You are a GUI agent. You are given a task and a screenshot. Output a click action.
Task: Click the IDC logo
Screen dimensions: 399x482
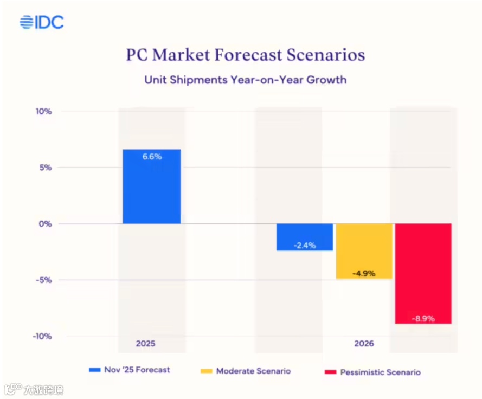pos(42,22)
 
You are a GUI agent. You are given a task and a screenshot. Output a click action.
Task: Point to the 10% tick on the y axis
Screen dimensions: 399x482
pos(44,112)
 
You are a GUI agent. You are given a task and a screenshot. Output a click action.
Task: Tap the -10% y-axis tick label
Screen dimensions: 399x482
pos(43,336)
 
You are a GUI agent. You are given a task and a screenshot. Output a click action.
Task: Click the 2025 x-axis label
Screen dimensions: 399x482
pos(146,344)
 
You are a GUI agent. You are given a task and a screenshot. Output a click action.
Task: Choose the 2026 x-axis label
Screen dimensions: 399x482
pos(364,344)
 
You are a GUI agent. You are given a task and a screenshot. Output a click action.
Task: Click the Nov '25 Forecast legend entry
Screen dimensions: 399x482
pos(130,370)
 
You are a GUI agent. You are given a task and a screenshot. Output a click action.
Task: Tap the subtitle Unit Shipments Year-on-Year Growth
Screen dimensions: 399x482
pos(245,80)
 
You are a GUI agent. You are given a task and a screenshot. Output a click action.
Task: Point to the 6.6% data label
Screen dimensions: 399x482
pos(152,156)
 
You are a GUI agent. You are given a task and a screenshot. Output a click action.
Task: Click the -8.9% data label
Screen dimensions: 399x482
pos(423,318)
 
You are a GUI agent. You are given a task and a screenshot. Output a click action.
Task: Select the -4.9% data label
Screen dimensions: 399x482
pos(364,273)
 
